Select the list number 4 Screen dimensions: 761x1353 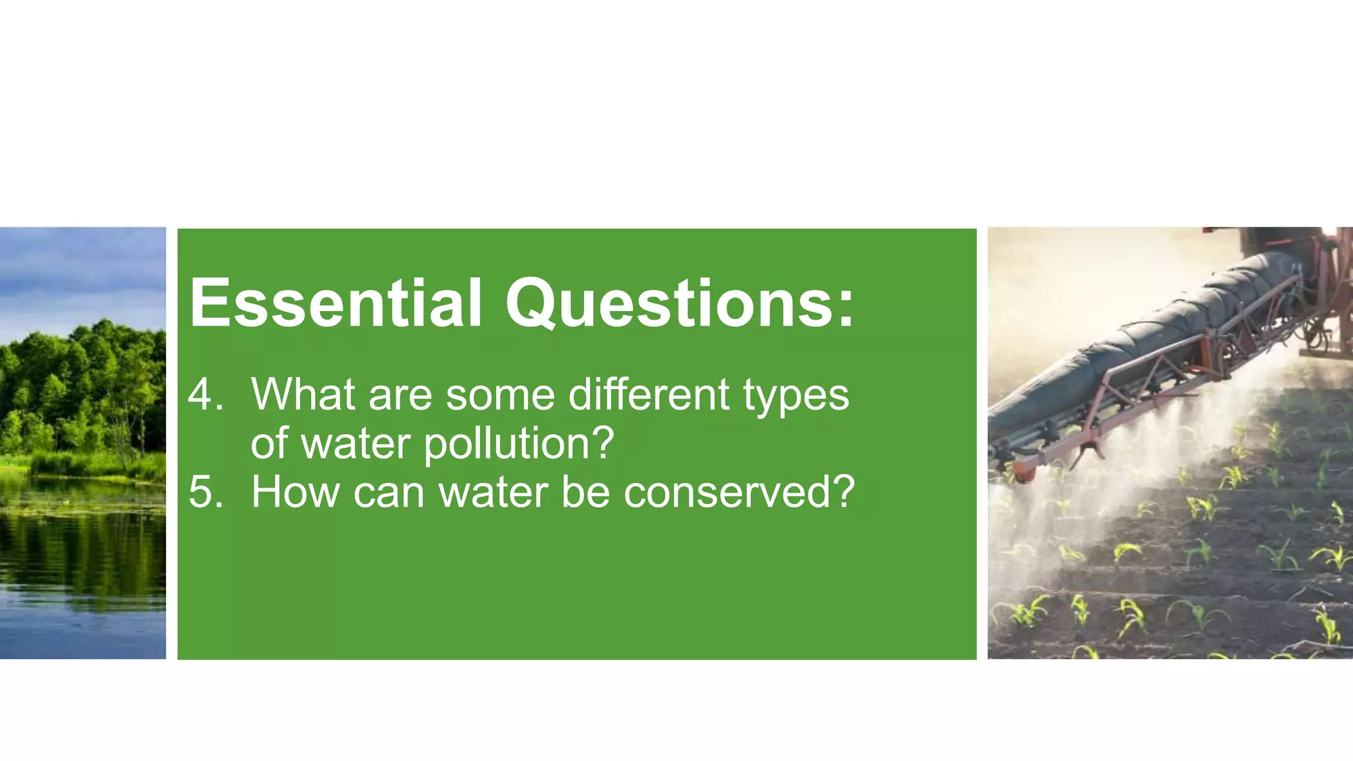coord(205,395)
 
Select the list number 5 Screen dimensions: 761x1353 coord(205,492)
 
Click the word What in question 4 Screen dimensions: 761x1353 coord(303,394)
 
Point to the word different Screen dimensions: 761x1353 coord(649,394)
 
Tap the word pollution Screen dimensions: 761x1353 coord(505,444)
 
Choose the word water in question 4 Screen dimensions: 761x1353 coord(356,444)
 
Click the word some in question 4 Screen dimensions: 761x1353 coord(501,396)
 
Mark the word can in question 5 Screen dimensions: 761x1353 coord(388,493)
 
